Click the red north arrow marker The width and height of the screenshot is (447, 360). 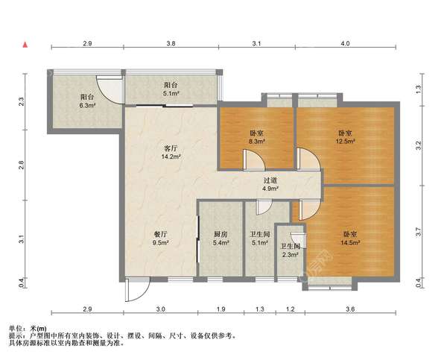(25, 45)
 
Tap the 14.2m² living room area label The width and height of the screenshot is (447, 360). (171, 157)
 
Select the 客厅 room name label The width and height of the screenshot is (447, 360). (171, 148)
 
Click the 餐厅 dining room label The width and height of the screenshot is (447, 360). (160, 235)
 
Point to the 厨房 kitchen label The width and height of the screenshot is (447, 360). (221, 235)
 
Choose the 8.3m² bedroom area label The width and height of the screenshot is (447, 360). (256, 141)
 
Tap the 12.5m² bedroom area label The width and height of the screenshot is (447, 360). (345, 141)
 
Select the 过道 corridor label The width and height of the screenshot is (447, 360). (270, 180)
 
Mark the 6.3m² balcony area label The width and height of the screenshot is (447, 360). (87, 105)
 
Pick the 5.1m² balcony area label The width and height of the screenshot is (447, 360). (171, 93)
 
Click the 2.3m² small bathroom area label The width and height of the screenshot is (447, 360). (291, 255)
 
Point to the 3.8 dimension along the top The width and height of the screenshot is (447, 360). (171, 44)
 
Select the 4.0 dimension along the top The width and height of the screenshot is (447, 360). (345, 44)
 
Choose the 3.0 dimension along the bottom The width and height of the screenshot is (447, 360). (161, 309)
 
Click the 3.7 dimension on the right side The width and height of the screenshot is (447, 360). (418, 232)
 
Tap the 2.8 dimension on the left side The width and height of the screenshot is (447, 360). (22, 165)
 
